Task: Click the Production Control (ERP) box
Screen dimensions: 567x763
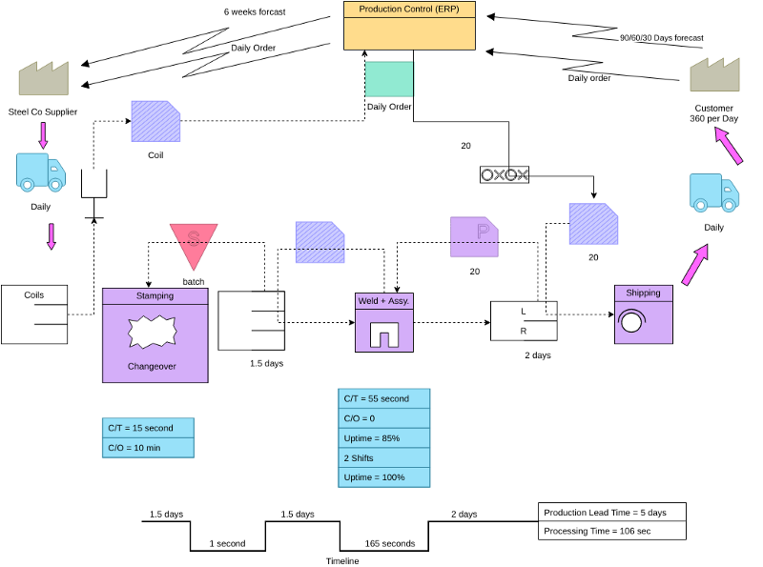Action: click(x=409, y=26)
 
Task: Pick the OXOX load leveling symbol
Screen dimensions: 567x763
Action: click(x=505, y=174)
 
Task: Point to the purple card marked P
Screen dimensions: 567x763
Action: click(x=474, y=236)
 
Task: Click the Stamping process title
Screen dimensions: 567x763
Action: click(x=155, y=295)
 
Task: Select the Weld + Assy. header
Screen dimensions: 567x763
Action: click(x=383, y=301)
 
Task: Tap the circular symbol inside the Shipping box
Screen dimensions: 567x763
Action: click(x=629, y=322)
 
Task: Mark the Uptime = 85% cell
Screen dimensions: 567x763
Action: click(x=383, y=437)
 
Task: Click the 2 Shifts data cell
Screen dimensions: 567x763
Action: click(x=383, y=457)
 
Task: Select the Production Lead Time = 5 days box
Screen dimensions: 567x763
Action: click(x=611, y=513)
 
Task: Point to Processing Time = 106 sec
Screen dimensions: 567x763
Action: click(x=611, y=531)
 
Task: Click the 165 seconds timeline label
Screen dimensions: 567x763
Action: click(x=390, y=544)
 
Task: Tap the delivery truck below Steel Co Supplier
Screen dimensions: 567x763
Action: click(x=41, y=172)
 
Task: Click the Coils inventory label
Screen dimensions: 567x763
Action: click(x=34, y=295)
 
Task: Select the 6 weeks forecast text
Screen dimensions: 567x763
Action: click(x=255, y=12)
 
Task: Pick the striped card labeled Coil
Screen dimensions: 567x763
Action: click(x=155, y=122)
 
